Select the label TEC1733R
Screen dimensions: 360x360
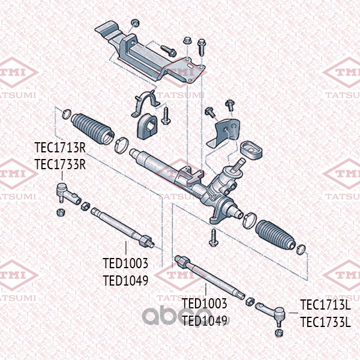(60, 164)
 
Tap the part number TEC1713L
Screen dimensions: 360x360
(325, 305)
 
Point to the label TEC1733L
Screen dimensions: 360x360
(325, 322)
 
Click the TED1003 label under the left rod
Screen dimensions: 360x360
(125, 264)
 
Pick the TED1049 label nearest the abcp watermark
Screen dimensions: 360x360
(204, 320)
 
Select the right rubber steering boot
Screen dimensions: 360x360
(275, 236)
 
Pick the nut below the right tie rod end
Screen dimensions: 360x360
(278, 331)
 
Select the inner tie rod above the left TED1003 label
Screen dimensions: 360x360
(123, 227)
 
